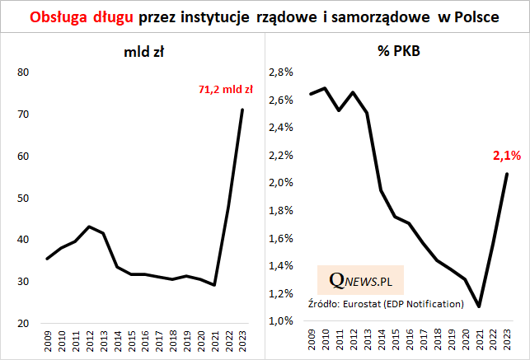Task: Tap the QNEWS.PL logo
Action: (360, 281)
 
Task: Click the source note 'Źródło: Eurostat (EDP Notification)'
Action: (386, 304)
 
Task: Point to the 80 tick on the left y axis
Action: (23, 72)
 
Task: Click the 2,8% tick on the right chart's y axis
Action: (282, 72)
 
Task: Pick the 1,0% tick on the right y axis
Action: (282, 321)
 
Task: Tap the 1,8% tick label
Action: (282, 211)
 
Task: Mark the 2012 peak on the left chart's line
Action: (89, 226)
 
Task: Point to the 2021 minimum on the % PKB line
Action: (479, 306)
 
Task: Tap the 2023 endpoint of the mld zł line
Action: (242, 110)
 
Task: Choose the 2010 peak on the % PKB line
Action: (325, 88)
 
